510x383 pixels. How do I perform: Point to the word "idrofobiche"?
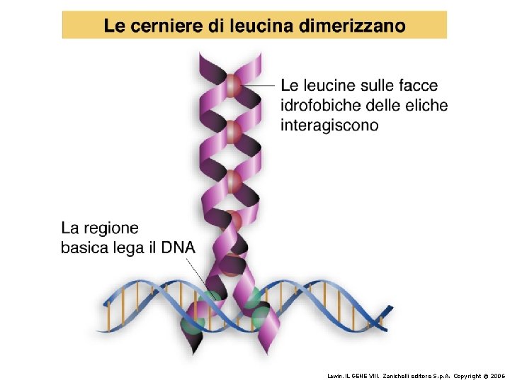pos(320,106)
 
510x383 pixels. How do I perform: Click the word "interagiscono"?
pos(329,126)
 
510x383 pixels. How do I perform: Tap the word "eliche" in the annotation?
pos(425,106)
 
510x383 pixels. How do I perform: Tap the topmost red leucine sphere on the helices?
pos(234,89)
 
